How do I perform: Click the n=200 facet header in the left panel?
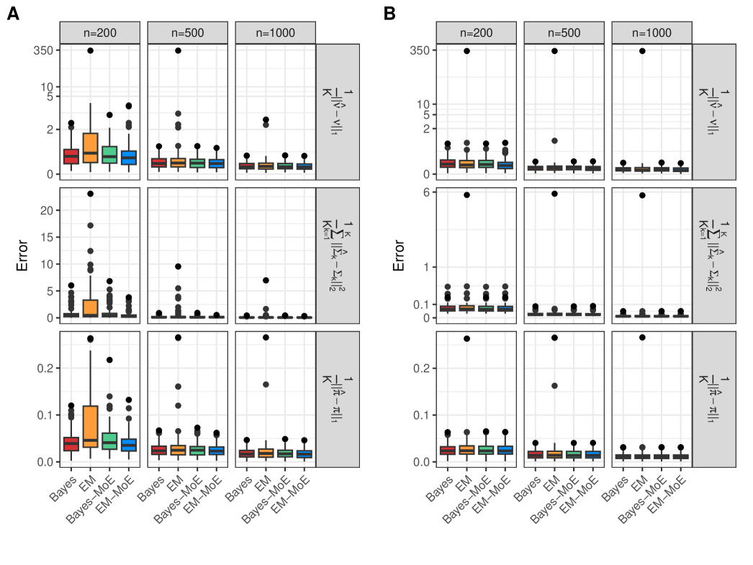99,32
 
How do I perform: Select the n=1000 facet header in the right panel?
651,32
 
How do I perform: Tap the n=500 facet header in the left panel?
187,32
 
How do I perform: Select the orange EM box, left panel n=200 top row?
90,148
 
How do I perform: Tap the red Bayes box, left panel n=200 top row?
71,155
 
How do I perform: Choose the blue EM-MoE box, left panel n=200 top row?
129,157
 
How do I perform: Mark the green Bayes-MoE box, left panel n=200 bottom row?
109,441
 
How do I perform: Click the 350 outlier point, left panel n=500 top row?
178,50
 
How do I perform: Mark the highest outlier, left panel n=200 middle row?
90,194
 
